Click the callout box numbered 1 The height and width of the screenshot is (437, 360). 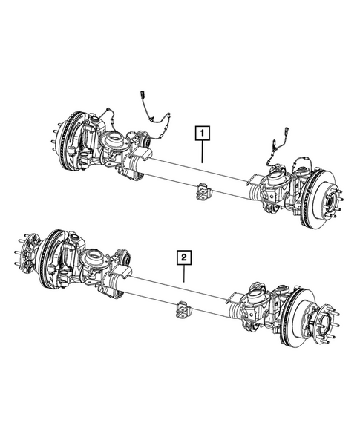coord(202,134)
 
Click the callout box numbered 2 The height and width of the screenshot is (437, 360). coord(183,258)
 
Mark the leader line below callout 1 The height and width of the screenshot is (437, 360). coord(202,152)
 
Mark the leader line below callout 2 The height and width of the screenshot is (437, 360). coord(183,275)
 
